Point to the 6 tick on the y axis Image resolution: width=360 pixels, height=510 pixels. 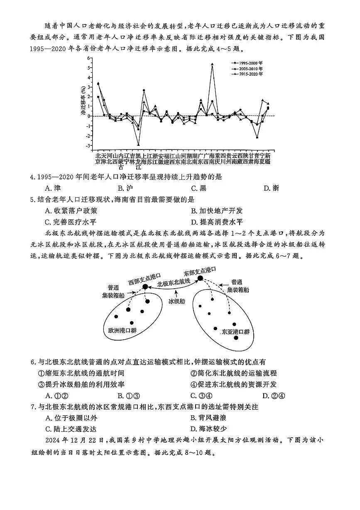tap(88, 58)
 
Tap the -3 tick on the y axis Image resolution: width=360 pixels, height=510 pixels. tap(88, 146)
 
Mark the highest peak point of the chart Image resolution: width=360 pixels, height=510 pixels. tap(212, 64)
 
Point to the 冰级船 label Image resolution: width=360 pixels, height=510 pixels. tap(176, 301)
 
